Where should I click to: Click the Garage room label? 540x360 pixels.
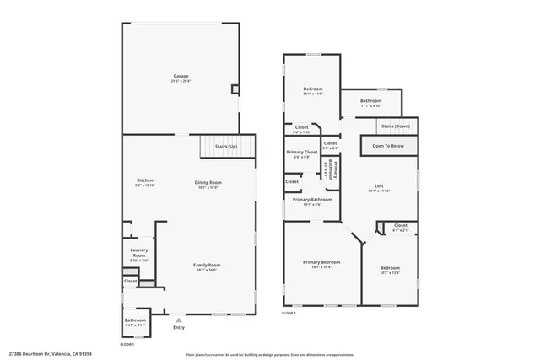point(181,76)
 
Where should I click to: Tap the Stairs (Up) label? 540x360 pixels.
point(224,146)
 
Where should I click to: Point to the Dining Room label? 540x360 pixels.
point(208,183)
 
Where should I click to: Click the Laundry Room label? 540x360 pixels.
point(139,252)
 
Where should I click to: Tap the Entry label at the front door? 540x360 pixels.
point(178,327)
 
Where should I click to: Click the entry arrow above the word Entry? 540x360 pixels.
point(178,320)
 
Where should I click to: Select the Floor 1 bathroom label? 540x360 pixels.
point(135,320)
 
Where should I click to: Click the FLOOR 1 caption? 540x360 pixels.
point(127,345)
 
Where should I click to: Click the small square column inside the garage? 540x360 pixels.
point(235,88)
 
